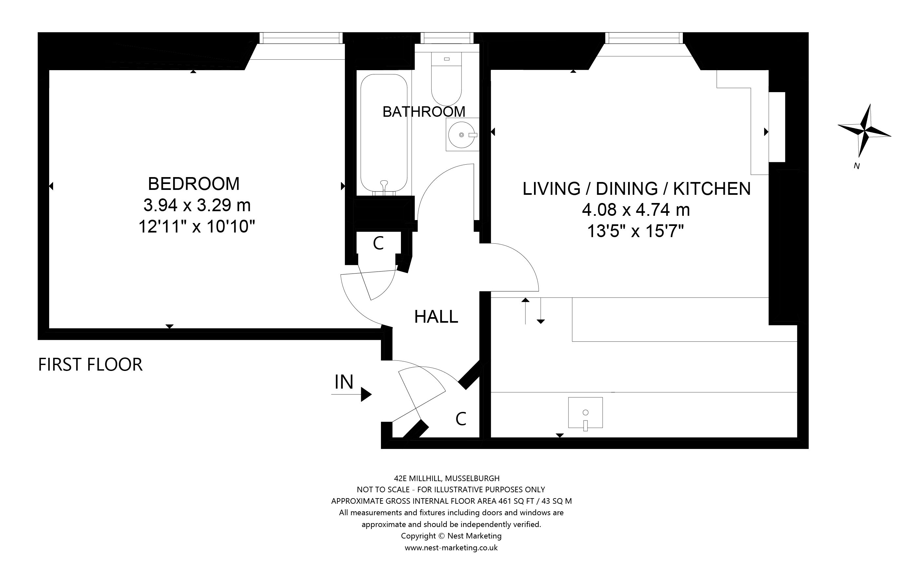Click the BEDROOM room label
coord(194,184)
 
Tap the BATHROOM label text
coord(424,112)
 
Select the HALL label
coord(436,317)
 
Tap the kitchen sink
coord(585,413)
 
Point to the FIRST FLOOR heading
coord(90,365)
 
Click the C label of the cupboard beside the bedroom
coord(378,243)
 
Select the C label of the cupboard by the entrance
coord(461,418)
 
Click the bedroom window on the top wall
coord(301,38)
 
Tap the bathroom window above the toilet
coord(447,38)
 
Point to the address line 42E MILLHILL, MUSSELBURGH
coord(447,478)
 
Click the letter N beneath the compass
coord(857,166)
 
